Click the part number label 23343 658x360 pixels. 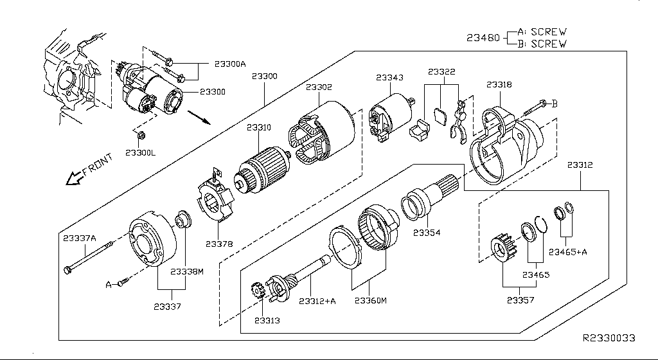389,78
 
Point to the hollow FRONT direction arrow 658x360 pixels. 75,178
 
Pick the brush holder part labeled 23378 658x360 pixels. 216,199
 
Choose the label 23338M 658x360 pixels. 187,271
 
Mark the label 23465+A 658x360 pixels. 567,252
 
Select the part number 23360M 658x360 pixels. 370,300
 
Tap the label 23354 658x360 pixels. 427,232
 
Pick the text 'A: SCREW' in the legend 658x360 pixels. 542,32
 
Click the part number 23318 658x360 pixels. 499,84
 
